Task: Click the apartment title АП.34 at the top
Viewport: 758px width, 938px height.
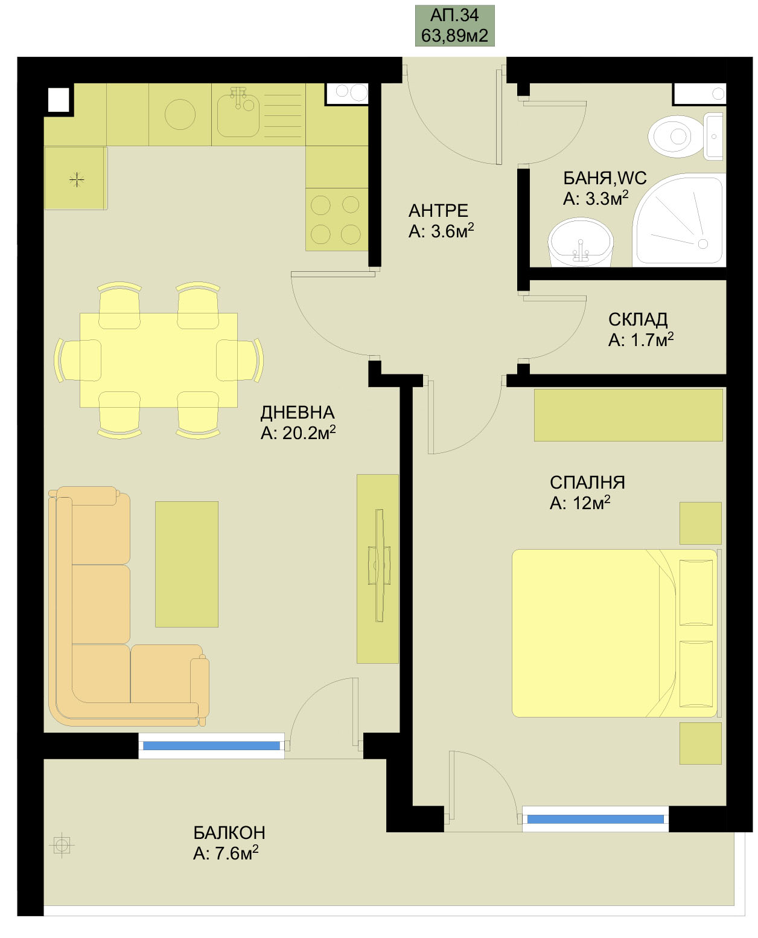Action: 454,16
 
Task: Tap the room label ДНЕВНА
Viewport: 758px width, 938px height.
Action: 297,413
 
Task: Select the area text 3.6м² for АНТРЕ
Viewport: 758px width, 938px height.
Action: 452,231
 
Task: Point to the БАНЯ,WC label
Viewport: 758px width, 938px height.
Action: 604,178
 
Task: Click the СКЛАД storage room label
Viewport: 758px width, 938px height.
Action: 637,320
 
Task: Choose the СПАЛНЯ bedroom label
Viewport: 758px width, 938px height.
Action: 587,483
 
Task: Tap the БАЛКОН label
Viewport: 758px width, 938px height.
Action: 229,833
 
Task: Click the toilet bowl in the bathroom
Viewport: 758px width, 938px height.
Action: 675,137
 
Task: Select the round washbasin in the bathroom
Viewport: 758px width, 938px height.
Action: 580,242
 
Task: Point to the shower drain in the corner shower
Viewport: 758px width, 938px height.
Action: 702,243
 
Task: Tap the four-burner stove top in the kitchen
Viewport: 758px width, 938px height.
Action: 336,219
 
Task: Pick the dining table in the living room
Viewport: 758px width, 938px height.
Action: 158,360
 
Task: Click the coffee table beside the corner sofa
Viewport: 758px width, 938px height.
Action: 186,564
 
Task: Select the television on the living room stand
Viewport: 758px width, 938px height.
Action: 379,565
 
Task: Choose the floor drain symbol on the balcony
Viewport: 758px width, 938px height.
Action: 62,845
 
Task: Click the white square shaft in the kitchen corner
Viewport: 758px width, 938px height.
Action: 59,100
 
